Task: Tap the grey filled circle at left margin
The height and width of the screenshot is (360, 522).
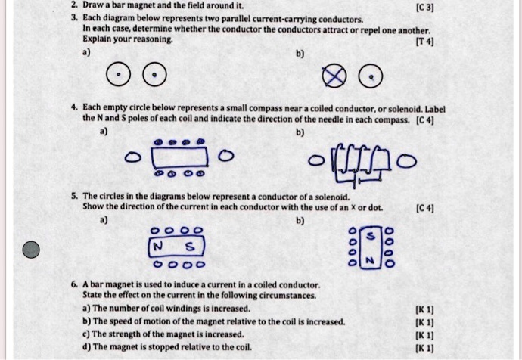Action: click(31, 250)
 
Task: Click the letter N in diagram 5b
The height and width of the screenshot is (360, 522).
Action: click(371, 259)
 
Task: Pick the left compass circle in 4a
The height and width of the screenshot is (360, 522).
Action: click(133, 158)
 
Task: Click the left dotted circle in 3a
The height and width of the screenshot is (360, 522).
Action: click(119, 76)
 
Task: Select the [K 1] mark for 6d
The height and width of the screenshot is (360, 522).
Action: click(425, 347)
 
